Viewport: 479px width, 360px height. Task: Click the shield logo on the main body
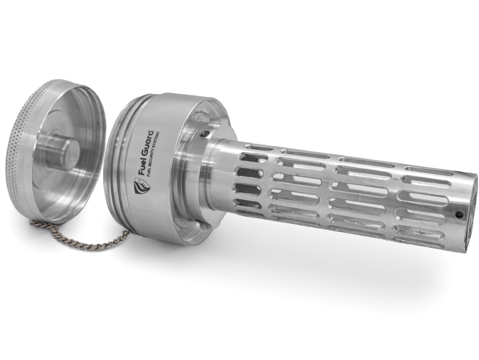click(x=141, y=187)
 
